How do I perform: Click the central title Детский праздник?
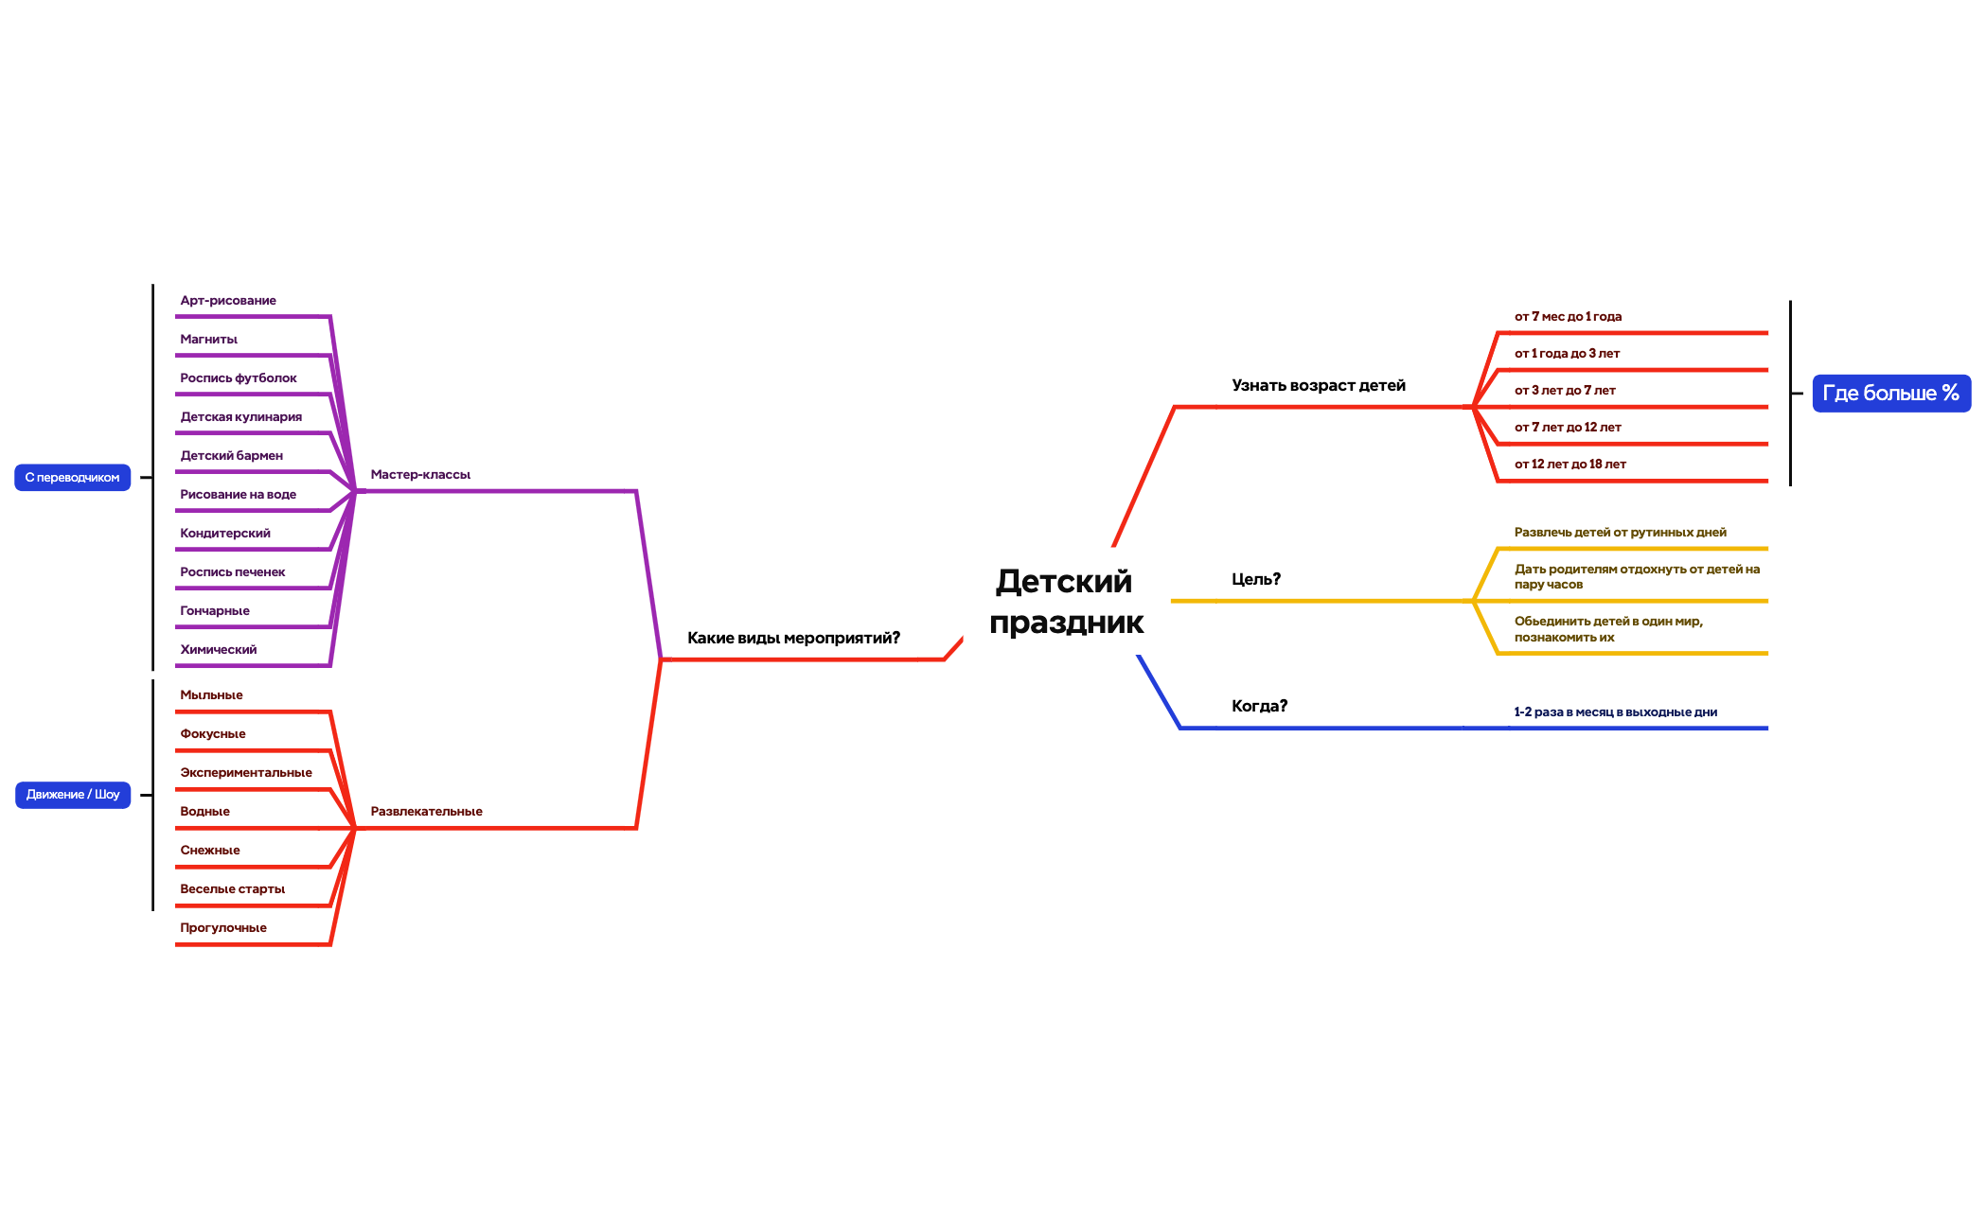click(x=1066, y=601)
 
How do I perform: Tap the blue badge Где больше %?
click(x=1891, y=393)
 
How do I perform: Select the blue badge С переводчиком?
click(x=73, y=478)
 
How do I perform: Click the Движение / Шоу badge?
click(x=73, y=795)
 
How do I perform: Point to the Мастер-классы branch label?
click(x=420, y=474)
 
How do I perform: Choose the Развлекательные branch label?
click(x=426, y=811)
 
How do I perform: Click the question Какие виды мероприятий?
click(x=793, y=638)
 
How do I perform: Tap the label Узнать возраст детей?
click(x=1319, y=385)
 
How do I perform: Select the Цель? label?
click(x=1256, y=579)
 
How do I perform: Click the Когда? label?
click(x=1259, y=706)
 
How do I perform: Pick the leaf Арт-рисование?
click(x=228, y=300)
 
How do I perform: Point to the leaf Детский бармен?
click(x=231, y=455)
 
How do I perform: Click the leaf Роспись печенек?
click(x=232, y=571)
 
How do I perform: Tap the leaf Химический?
click(x=218, y=649)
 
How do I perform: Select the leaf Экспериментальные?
click(x=245, y=772)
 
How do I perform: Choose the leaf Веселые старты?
click(x=232, y=888)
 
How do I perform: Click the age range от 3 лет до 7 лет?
click(x=1565, y=390)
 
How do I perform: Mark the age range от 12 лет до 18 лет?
click(x=1569, y=464)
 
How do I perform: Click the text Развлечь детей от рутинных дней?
click(x=1620, y=532)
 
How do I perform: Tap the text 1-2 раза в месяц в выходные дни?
click(x=1615, y=712)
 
